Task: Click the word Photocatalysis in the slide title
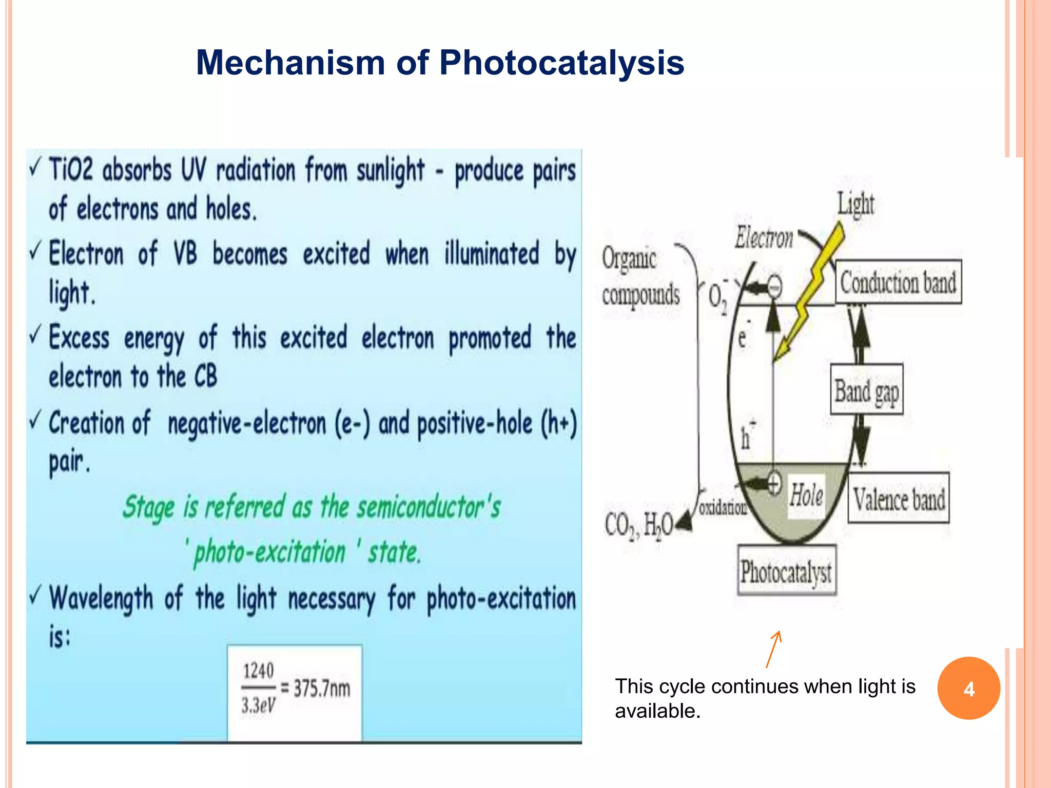tap(561, 63)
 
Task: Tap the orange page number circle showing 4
tap(968, 688)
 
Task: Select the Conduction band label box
tap(898, 282)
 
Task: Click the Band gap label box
tap(866, 390)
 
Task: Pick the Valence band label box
tap(899, 498)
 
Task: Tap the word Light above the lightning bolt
tap(855, 204)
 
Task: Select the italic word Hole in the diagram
tap(806, 495)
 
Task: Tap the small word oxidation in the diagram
tap(723, 507)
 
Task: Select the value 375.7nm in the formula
tap(322, 688)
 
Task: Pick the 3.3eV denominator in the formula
tap(258, 705)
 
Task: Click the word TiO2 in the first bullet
tap(71, 169)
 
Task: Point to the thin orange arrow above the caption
tap(773, 649)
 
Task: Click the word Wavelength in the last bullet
tap(101, 598)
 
